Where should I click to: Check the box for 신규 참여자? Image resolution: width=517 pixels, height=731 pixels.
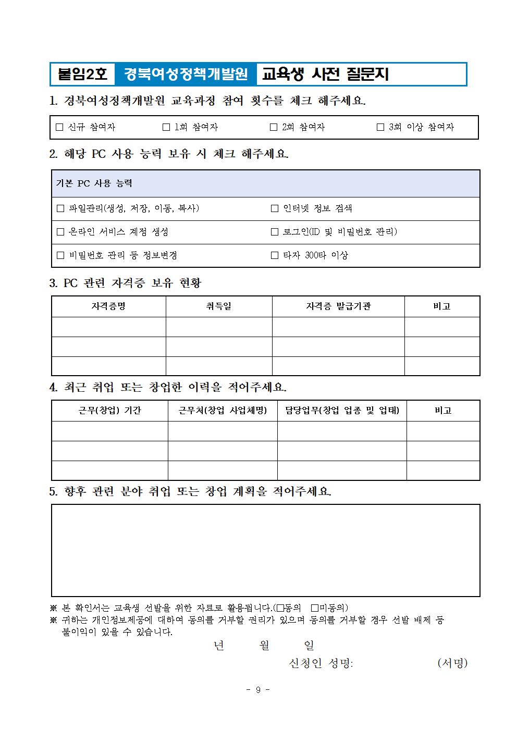tap(59, 127)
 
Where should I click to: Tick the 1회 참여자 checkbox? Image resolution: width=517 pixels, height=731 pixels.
tap(166, 127)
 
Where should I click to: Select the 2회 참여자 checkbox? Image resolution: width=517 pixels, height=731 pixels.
tap(274, 127)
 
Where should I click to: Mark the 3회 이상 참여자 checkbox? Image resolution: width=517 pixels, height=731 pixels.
tap(380, 127)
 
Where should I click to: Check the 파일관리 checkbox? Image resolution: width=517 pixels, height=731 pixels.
tap(60, 208)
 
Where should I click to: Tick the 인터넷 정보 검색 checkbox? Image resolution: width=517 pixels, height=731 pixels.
tap(275, 208)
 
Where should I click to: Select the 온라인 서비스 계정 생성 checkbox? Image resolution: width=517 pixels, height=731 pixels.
tap(60, 232)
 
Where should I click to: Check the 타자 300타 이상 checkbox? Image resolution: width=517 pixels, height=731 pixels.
tap(275, 255)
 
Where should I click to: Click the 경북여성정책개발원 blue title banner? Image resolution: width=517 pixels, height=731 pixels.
tap(186, 75)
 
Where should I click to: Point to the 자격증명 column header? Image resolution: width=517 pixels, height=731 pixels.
tap(108, 306)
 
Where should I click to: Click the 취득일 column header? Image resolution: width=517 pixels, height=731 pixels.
tap(219, 306)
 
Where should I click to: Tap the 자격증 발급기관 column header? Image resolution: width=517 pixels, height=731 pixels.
tap(338, 306)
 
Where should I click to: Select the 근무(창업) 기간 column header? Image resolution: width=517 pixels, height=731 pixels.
tap(109, 411)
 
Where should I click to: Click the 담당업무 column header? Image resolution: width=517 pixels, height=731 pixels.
tap(342, 411)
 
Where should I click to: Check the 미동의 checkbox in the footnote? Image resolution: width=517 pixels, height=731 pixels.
tap(314, 608)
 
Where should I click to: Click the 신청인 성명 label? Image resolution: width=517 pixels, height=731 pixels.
tap(321, 663)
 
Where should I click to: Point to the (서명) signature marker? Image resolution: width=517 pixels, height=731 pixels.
tap(452, 663)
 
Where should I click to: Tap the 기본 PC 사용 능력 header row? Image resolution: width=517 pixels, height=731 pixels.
tap(265, 183)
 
